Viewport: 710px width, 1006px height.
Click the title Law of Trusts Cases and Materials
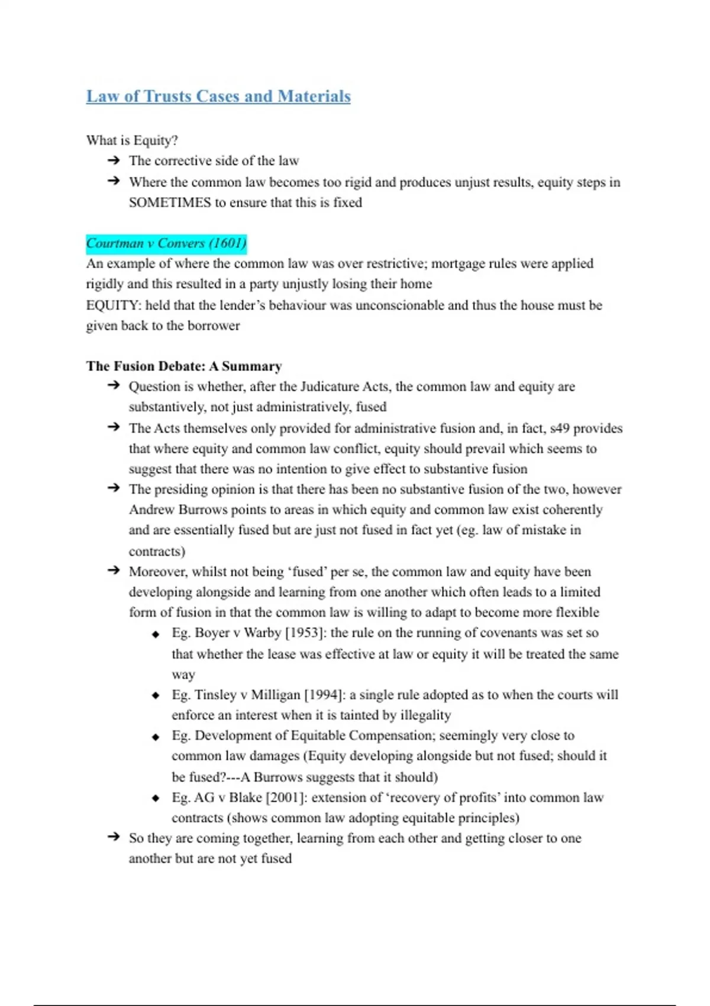tap(218, 96)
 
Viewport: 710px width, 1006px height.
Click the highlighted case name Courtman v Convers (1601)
tap(166, 243)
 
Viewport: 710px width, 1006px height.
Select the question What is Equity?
tap(132, 140)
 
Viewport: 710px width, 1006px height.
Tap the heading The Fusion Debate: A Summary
tap(184, 366)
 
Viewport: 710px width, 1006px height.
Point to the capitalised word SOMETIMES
tap(170, 202)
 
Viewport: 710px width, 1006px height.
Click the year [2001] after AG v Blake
tap(286, 798)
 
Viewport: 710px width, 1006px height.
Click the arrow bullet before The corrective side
tap(114, 160)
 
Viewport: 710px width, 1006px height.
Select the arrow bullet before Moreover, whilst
tap(114, 571)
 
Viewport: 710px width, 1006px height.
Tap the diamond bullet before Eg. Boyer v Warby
tap(156, 634)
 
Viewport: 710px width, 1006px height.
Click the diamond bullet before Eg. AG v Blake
tap(156, 798)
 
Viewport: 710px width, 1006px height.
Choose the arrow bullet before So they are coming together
tap(114, 837)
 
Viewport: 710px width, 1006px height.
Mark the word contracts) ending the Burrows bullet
tap(157, 552)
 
